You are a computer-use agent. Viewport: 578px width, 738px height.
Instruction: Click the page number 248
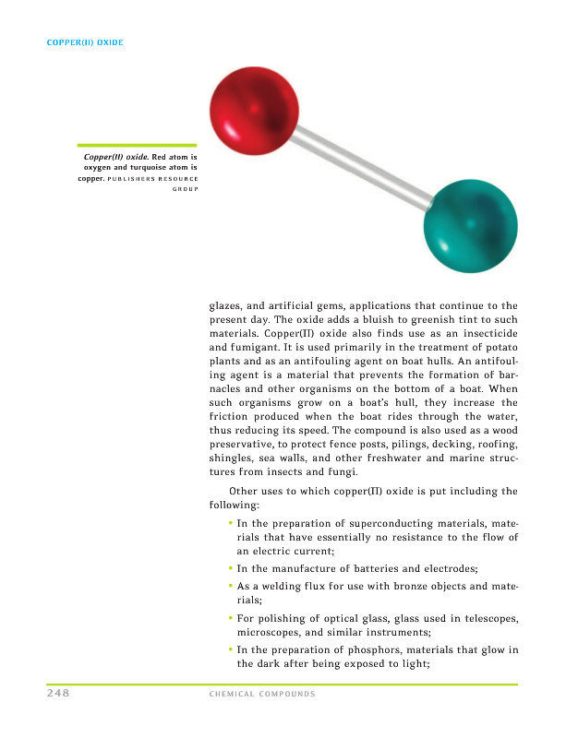[x=60, y=693]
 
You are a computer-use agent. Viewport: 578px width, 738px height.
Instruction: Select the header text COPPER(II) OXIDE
[x=85, y=42]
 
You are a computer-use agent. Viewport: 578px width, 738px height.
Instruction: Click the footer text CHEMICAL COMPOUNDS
[x=262, y=694]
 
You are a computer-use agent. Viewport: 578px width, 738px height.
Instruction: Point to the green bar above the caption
[x=137, y=145]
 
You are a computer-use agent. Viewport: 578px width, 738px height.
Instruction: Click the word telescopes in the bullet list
[x=486, y=618]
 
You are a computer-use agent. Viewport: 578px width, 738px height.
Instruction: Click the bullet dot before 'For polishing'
[x=230, y=617]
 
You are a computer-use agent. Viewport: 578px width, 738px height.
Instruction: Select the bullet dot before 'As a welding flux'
[x=230, y=585]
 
